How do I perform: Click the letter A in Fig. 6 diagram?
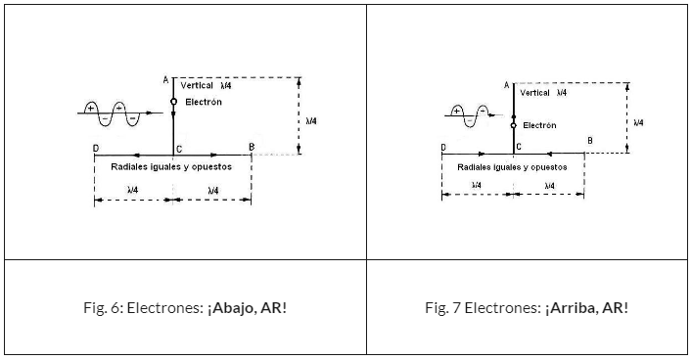click(x=166, y=80)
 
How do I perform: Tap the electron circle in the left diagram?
click(x=173, y=102)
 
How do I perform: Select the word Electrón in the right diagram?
click(x=539, y=125)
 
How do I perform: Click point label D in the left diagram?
click(x=96, y=149)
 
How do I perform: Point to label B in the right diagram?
click(x=590, y=141)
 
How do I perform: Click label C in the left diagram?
click(x=179, y=150)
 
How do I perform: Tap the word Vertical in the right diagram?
click(x=534, y=93)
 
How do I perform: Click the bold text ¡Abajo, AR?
click(x=247, y=307)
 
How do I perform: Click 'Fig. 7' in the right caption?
click(x=443, y=307)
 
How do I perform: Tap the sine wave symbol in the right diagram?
click(x=473, y=115)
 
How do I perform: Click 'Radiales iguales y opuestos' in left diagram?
click(x=171, y=166)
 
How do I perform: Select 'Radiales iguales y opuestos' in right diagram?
click(x=512, y=167)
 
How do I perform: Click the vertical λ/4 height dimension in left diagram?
click(x=299, y=116)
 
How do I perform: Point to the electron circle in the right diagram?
click(x=513, y=126)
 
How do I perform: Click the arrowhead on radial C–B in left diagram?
click(x=214, y=155)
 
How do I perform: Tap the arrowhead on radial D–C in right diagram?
click(x=482, y=154)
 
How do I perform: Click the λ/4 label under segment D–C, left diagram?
click(x=132, y=190)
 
